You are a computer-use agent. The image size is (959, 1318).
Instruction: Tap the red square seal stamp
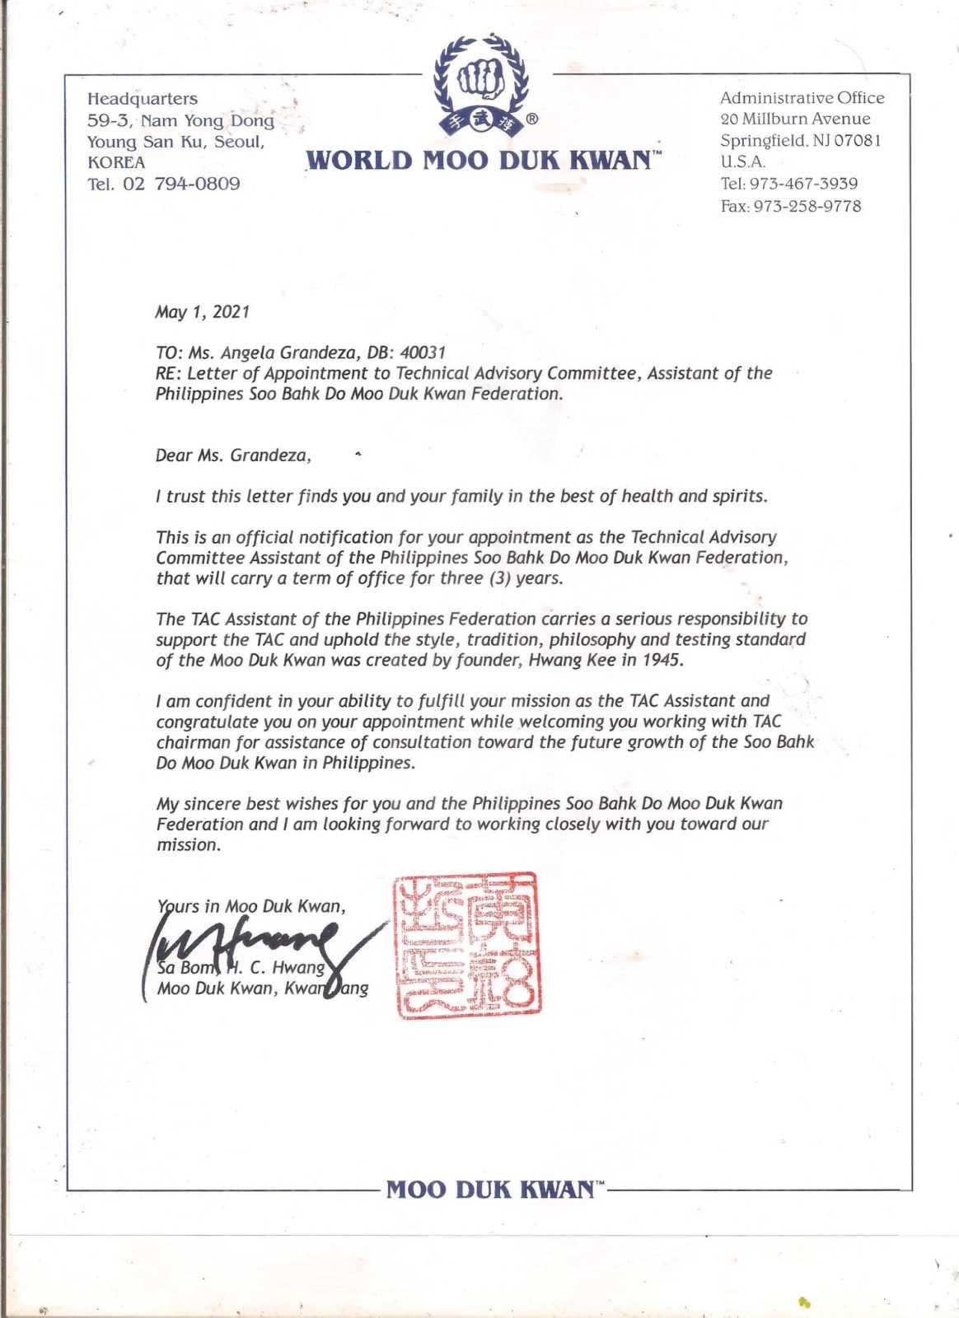point(466,945)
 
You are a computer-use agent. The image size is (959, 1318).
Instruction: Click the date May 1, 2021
point(202,311)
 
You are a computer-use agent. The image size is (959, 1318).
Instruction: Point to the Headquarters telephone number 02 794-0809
point(181,184)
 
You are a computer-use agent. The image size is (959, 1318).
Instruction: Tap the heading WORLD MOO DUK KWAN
point(481,159)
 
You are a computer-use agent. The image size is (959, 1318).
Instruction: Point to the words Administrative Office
point(802,98)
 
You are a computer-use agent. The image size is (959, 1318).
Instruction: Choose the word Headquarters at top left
point(143,99)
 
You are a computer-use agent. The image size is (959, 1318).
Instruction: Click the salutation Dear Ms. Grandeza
point(233,456)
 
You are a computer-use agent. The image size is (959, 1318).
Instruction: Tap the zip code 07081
point(857,141)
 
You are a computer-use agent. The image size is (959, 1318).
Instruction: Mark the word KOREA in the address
point(116,162)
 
